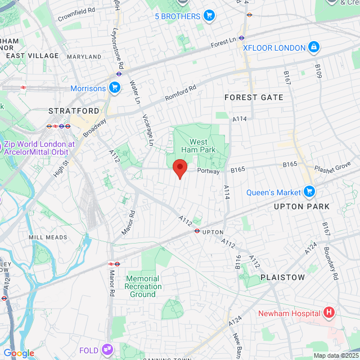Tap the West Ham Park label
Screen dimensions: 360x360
coord(198,146)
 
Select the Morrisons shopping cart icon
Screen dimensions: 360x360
coord(115,88)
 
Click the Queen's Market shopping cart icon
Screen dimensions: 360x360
coord(309,192)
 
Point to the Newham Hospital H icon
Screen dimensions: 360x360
coord(329,313)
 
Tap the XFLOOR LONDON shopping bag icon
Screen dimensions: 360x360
coord(314,47)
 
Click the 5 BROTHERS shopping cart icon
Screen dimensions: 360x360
coord(209,16)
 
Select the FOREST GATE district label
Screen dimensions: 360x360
coord(254,97)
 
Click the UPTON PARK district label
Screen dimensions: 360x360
coord(302,206)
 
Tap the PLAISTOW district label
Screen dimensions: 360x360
coord(282,277)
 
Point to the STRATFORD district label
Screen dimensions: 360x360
coord(74,111)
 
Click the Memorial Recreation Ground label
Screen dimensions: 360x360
coord(143,286)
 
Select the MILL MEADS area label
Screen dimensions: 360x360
coord(47,237)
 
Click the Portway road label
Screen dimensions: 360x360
coord(208,171)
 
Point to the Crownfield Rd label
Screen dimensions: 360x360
coord(76,13)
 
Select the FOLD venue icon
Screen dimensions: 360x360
coord(107,350)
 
